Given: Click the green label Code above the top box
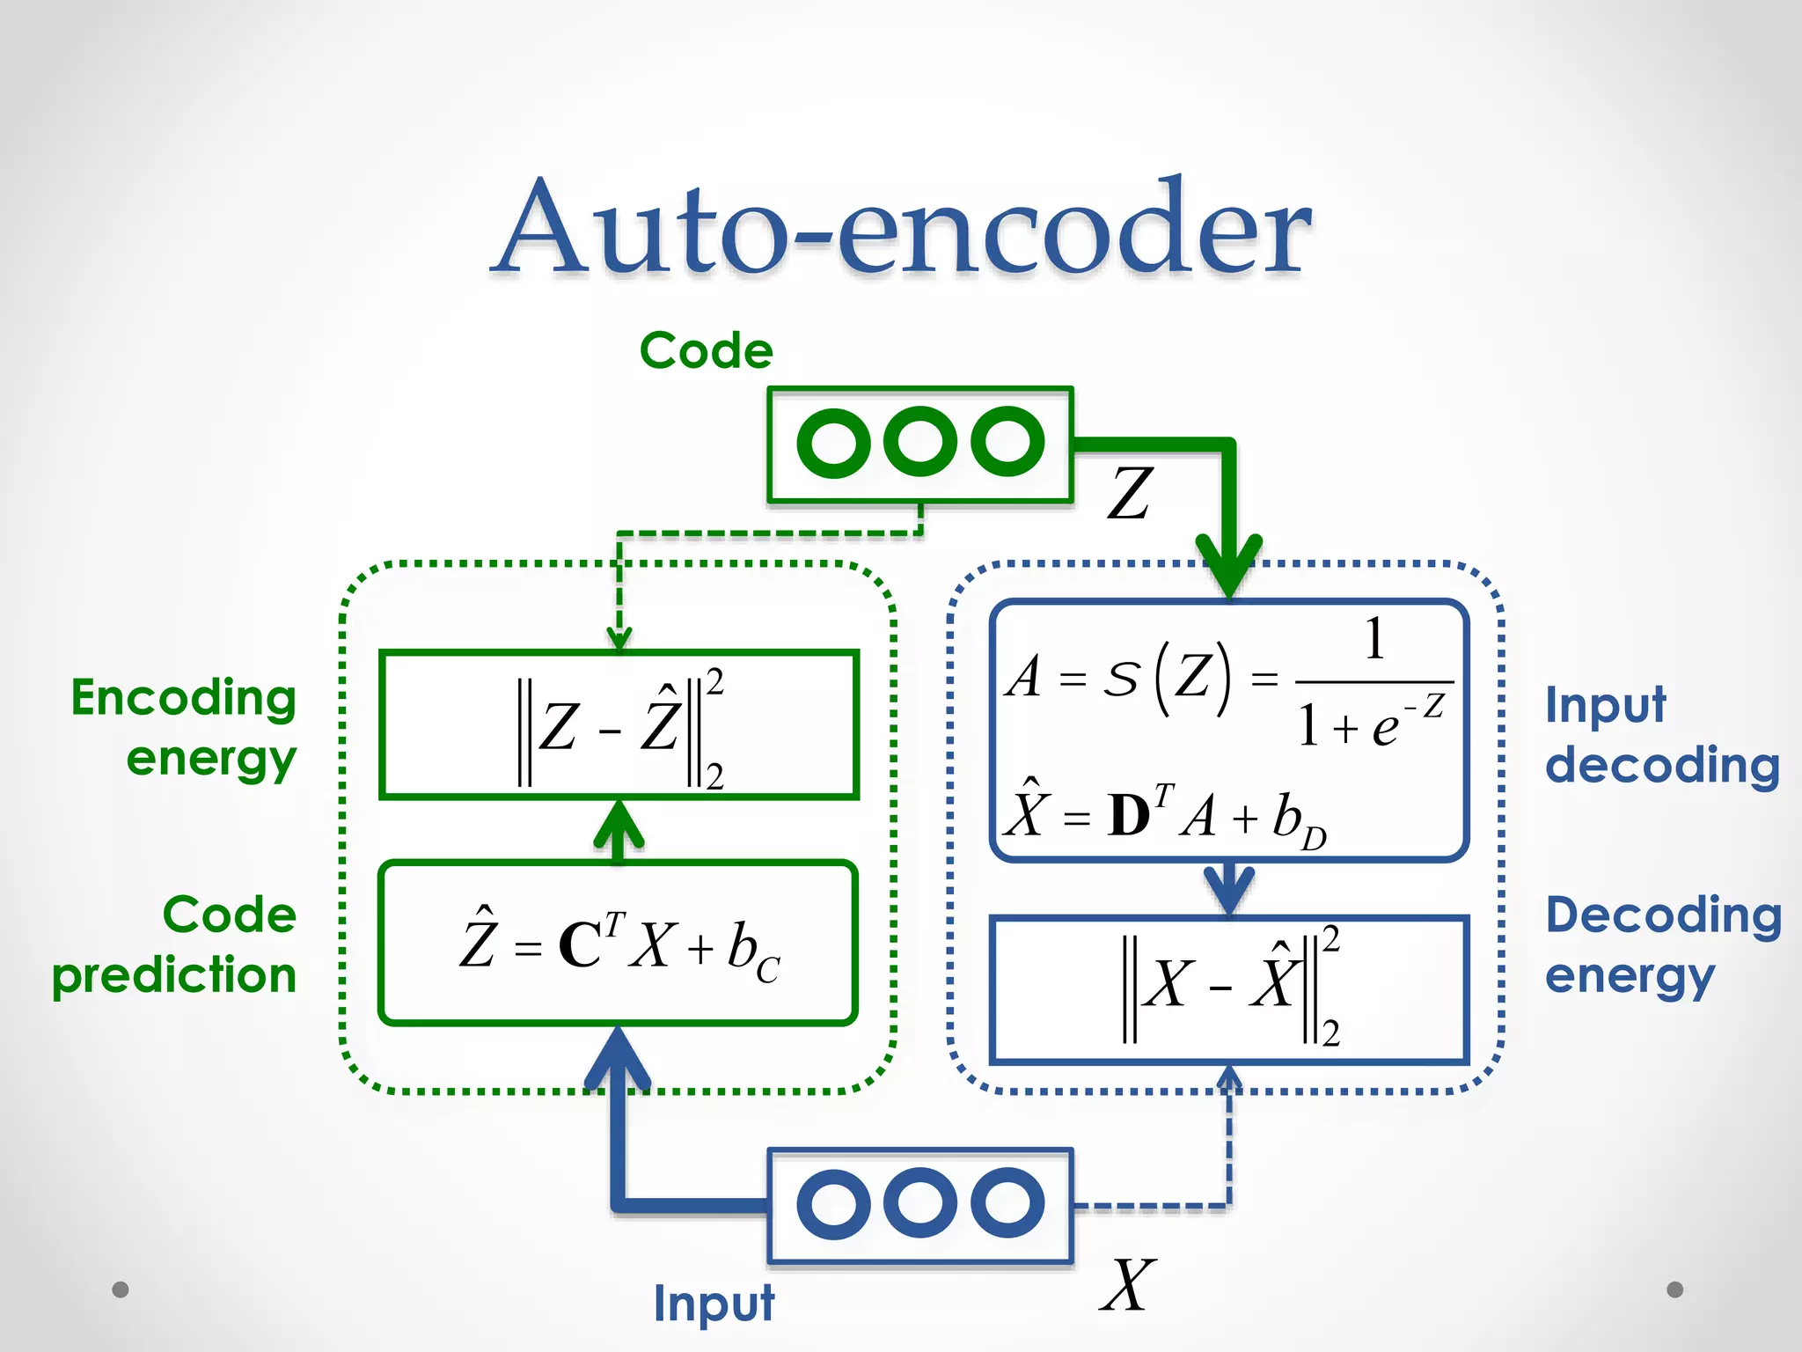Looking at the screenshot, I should click(706, 351).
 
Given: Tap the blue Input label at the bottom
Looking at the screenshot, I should click(714, 1304).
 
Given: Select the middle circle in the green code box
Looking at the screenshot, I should click(920, 442).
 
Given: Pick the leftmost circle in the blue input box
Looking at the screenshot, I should click(832, 1204).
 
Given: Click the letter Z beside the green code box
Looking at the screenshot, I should click(1130, 494).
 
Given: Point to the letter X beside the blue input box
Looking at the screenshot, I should click(1127, 1286).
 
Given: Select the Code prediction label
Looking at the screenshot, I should click(176, 944).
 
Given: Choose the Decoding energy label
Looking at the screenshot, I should click(1661, 944).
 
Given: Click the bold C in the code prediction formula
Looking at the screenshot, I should click(580, 947).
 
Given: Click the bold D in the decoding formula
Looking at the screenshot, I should click(1129, 816).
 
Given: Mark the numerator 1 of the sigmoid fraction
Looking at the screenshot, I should click(1374, 640).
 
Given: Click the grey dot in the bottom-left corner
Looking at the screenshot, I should click(121, 1290).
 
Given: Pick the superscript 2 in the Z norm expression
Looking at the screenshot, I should click(714, 682).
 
